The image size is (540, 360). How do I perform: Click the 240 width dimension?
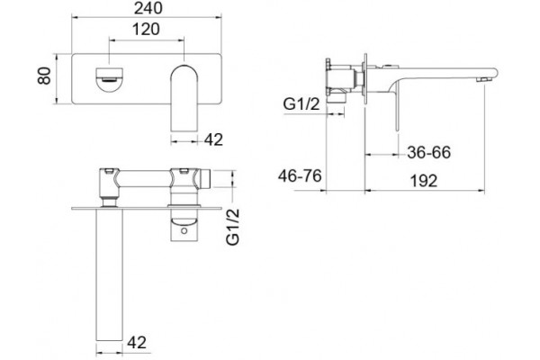[x=148, y=8]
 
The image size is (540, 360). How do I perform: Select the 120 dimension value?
[x=146, y=30]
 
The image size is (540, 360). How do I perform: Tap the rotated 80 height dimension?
[x=44, y=76]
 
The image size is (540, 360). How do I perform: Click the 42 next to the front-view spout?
[x=213, y=139]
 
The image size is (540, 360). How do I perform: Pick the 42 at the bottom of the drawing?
[x=137, y=342]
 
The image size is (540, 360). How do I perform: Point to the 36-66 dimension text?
[x=428, y=152]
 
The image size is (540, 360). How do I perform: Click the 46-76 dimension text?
[x=300, y=176]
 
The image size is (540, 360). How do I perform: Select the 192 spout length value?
[x=424, y=181]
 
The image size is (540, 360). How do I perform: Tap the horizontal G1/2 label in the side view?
[x=301, y=104]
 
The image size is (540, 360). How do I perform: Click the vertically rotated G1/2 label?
[x=233, y=227]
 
